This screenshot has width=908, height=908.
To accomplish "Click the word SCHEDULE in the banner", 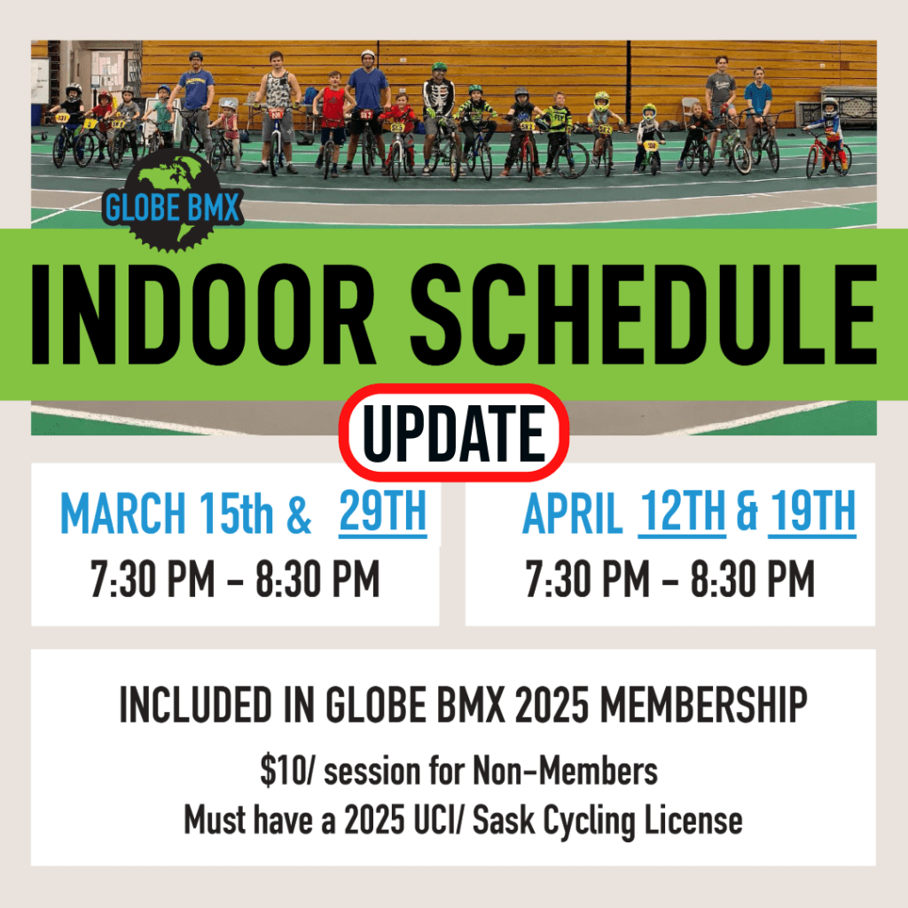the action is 644,315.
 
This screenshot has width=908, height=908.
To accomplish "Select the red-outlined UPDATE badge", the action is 453,433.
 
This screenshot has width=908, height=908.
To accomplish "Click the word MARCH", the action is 123,513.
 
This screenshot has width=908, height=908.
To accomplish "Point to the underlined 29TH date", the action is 383,512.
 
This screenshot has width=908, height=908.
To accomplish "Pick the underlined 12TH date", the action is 682,512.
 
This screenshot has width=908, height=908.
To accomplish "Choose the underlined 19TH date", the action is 812,512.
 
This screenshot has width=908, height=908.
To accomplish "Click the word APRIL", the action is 572,513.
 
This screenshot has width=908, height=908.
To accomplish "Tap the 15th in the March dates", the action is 236,513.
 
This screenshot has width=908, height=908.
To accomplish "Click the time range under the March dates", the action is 235,578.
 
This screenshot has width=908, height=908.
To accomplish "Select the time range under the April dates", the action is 670,578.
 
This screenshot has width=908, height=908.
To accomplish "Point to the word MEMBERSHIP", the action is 703,704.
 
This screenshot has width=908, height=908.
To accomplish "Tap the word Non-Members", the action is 565,771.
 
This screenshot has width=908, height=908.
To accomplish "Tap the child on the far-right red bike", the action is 830,136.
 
